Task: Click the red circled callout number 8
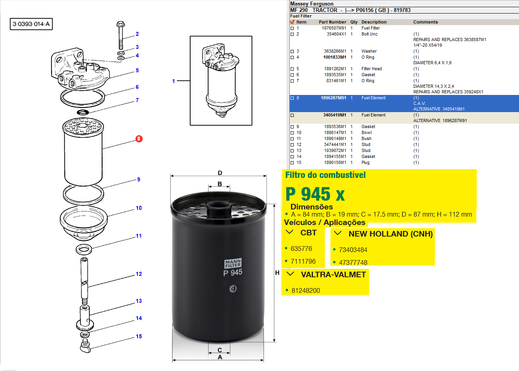coord(139,139)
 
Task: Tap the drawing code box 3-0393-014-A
coord(31,24)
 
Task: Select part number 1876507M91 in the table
coord(334,28)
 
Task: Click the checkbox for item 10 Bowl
coord(292,133)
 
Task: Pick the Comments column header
coord(425,22)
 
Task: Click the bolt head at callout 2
coord(120,24)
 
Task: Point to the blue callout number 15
coord(139,336)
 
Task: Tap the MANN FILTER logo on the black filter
coord(233,263)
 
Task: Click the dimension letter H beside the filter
coord(277,273)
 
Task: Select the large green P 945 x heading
coord(315,194)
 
